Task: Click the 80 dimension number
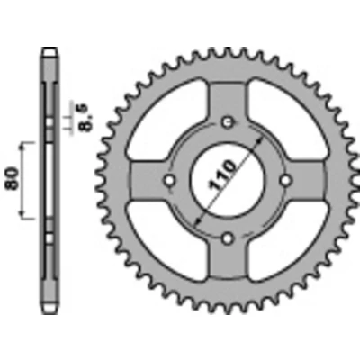[13, 178]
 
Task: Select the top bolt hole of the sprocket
[228, 121]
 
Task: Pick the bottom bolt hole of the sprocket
[228, 238]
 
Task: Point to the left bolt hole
[170, 180]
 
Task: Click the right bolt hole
[286, 180]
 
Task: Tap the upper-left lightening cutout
[167, 120]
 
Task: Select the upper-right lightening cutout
[289, 120]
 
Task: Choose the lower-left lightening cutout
[167, 241]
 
